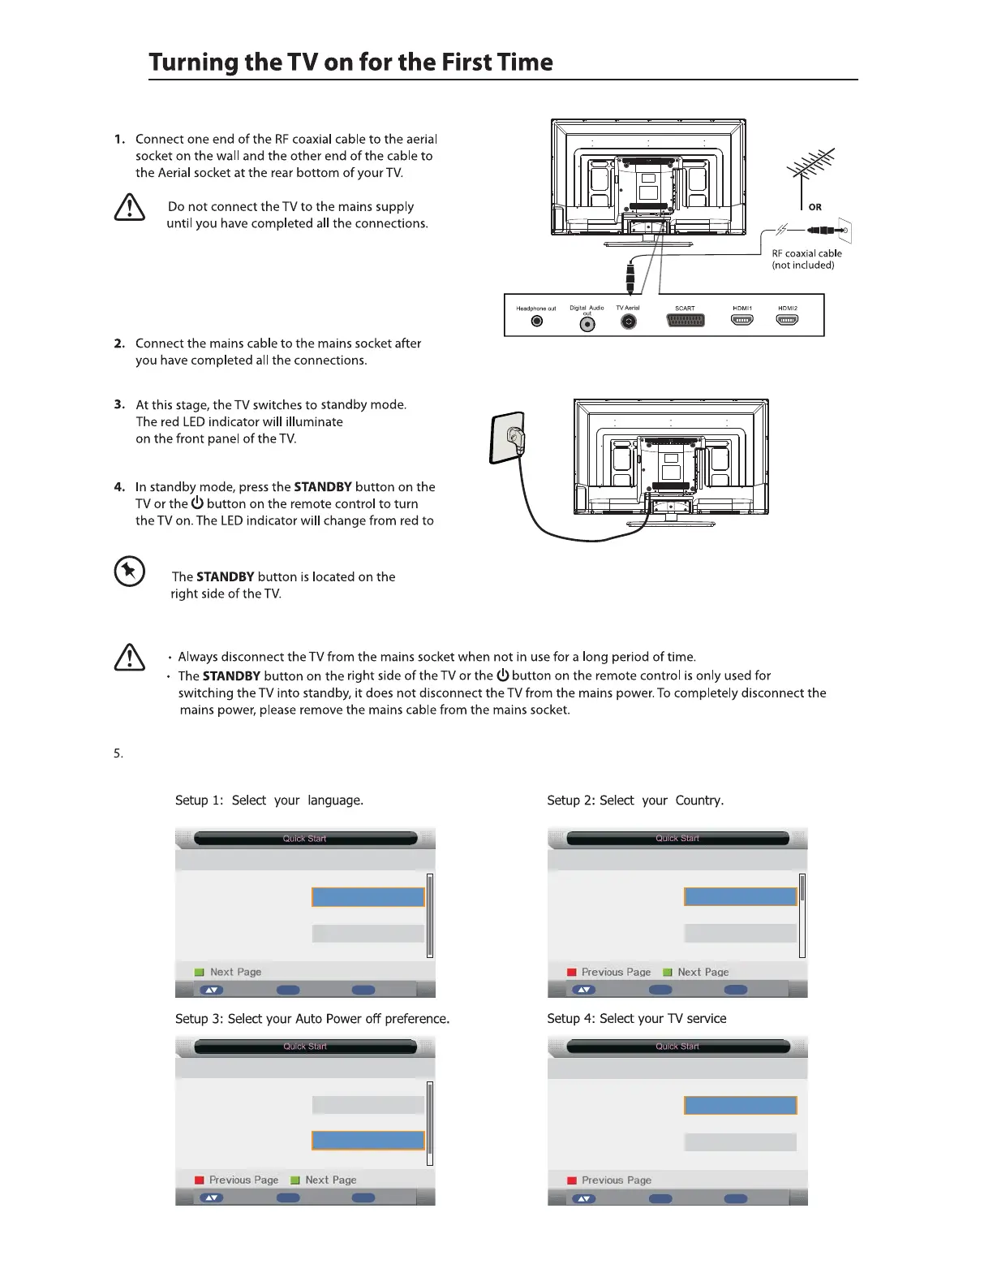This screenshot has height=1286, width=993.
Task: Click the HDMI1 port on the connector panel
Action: point(742,320)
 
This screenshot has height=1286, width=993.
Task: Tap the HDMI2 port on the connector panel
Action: point(787,320)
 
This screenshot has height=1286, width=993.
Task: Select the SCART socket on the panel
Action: point(685,321)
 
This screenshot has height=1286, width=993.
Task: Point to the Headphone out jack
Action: point(536,321)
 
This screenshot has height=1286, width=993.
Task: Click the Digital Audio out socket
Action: point(587,324)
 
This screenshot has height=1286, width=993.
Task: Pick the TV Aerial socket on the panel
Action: point(628,321)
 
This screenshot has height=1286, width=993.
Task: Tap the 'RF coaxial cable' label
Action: point(806,253)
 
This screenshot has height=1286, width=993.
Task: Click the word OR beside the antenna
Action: point(815,207)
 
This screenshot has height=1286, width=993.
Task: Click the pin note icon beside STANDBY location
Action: point(130,572)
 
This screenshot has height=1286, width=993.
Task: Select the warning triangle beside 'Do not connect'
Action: point(130,207)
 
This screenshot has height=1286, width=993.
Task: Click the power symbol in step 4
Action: point(197,503)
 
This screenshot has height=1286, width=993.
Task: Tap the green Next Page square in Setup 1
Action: point(199,972)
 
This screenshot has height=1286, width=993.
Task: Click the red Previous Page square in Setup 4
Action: point(571,1180)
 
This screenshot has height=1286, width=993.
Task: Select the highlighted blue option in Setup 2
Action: point(740,896)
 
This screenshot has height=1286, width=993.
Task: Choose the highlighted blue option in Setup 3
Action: point(368,1140)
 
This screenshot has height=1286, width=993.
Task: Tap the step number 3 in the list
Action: point(119,404)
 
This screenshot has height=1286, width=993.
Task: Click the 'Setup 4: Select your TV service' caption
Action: point(637,1018)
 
